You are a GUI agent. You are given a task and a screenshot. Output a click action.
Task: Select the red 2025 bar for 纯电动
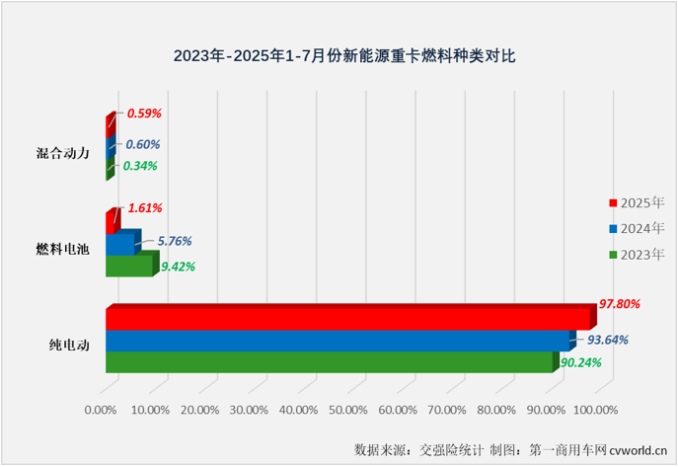[x=346, y=319]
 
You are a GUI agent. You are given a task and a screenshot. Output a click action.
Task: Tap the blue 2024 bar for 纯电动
[x=337, y=341]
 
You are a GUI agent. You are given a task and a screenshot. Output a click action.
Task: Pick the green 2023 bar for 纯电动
[x=329, y=362]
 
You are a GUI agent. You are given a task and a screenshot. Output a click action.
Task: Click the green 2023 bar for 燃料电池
[x=129, y=267]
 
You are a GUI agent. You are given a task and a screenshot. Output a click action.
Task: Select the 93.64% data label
[x=607, y=341]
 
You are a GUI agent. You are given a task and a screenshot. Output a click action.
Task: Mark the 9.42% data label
[x=178, y=267]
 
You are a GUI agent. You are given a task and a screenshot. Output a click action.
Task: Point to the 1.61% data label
[x=143, y=208]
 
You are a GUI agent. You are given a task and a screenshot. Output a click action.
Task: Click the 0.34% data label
[x=138, y=166]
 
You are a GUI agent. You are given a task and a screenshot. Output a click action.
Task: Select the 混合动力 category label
[x=62, y=153]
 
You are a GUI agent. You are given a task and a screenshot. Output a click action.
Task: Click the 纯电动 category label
[x=69, y=346]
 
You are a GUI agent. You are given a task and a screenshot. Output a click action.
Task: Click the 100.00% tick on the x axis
[x=595, y=409]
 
